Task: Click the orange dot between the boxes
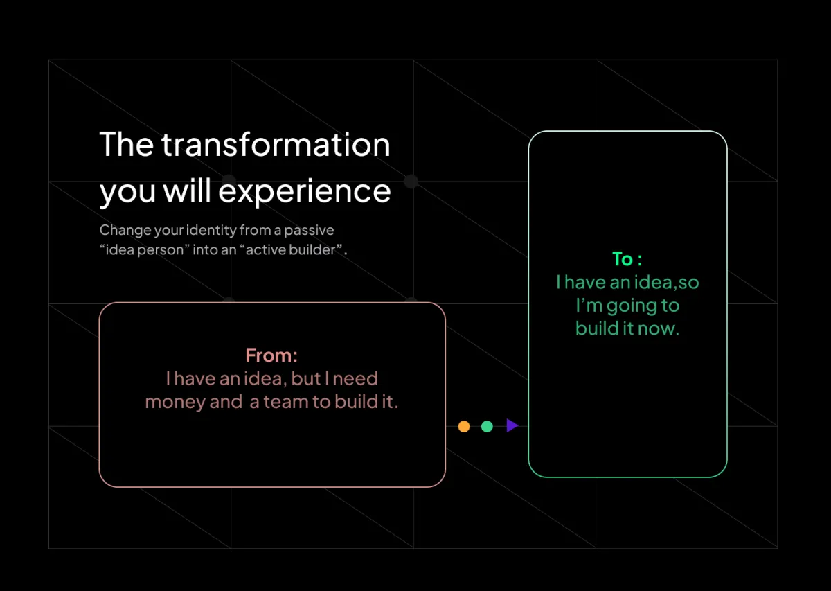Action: click(x=464, y=426)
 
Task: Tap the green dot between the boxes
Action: click(x=487, y=426)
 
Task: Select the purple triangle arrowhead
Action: click(x=512, y=425)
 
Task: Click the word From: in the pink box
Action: click(x=271, y=355)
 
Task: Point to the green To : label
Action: click(x=627, y=258)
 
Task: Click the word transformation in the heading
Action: click(x=276, y=144)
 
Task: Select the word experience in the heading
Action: click(x=305, y=192)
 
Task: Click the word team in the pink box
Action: click(x=285, y=401)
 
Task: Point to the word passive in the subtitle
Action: click(x=309, y=231)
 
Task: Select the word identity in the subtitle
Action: click(x=211, y=231)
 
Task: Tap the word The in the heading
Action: click(x=127, y=144)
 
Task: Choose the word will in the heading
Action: click(x=187, y=190)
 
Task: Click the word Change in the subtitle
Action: click(x=125, y=231)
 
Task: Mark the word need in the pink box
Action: click(x=355, y=379)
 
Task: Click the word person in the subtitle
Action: click(x=160, y=250)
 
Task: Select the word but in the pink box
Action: click(x=305, y=378)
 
